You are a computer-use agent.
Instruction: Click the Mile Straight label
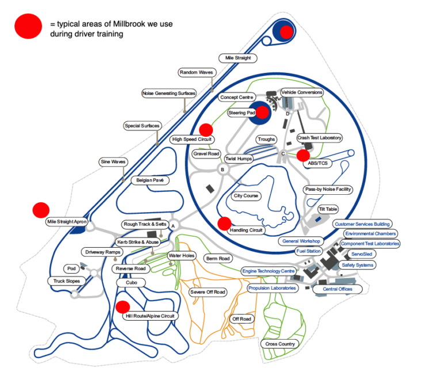pyautogui.click(x=238, y=58)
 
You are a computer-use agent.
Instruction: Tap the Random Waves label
pyautogui.click(x=196, y=72)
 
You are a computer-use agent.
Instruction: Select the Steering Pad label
pyautogui.click(x=242, y=113)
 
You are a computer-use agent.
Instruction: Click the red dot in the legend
pyautogui.click(x=28, y=26)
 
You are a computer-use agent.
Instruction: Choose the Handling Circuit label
pyautogui.click(x=246, y=230)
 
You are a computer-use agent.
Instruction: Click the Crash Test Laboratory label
pyautogui.click(x=319, y=138)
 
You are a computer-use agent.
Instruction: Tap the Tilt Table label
pyautogui.click(x=328, y=209)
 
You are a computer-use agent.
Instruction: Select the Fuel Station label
pyautogui.click(x=308, y=251)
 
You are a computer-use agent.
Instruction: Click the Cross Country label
pyautogui.click(x=280, y=344)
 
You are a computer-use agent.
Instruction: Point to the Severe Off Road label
pyautogui.click(x=208, y=292)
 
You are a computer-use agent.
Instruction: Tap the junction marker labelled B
pyautogui.click(x=222, y=170)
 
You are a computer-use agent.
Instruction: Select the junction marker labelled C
pyautogui.click(x=283, y=153)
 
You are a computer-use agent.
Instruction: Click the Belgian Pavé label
pyautogui.click(x=150, y=180)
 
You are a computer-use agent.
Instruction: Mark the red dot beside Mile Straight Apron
pyautogui.click(x=40, y=210)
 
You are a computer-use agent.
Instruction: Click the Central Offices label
pyautogui.click(x=337, y=289)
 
